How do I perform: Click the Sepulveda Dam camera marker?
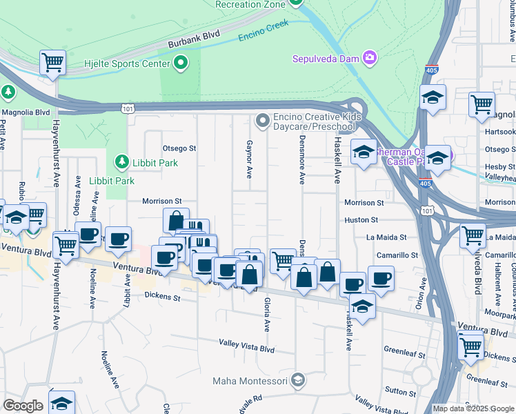tap(370, 58)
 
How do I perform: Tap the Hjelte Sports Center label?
tap(127, 63)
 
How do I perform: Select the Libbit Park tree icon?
tap(121, 161)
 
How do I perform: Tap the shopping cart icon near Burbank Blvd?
tap(52, 63)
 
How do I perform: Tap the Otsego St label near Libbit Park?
tap(179, 148)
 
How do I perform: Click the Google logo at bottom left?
tap(23, 406)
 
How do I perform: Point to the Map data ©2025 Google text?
tap(473, 408)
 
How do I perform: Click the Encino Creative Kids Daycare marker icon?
tap(262, 121)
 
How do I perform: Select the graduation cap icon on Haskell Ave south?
tap(362, 305)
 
